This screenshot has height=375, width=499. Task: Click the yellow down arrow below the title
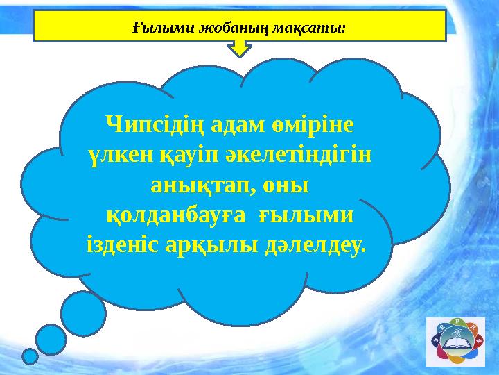pos(240,49)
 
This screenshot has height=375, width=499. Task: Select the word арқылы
pos(216,247)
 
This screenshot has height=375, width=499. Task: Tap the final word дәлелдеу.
pos(315,247)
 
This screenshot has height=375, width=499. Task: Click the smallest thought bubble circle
pos(30,356)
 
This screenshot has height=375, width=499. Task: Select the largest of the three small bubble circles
pos(83,313)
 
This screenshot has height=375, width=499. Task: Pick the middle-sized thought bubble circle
pos(51,340)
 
